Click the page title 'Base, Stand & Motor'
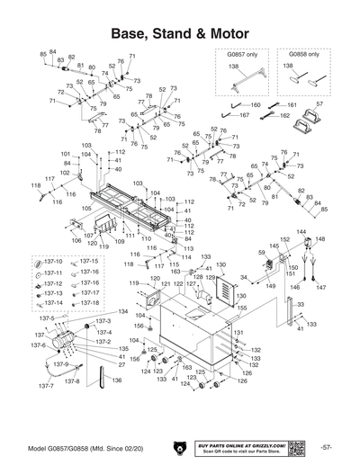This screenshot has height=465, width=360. tap(179, 31)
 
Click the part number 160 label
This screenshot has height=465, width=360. tap(256, 105)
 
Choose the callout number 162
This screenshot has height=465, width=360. tap(284, 116)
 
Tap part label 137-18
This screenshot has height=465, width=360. tap(89, 303)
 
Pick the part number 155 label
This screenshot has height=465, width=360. tap(241, 308)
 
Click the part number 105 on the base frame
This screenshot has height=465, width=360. tap(86, 208)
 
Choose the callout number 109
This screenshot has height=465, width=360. tap(120, 242)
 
